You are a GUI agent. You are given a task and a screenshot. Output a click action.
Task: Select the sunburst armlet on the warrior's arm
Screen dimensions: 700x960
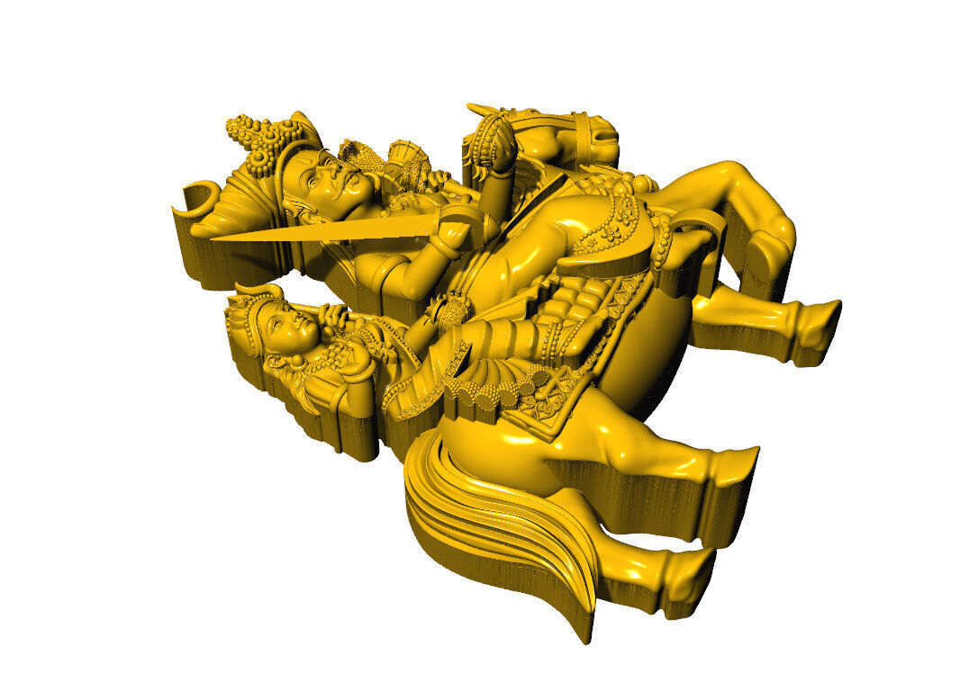pos(450,311)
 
